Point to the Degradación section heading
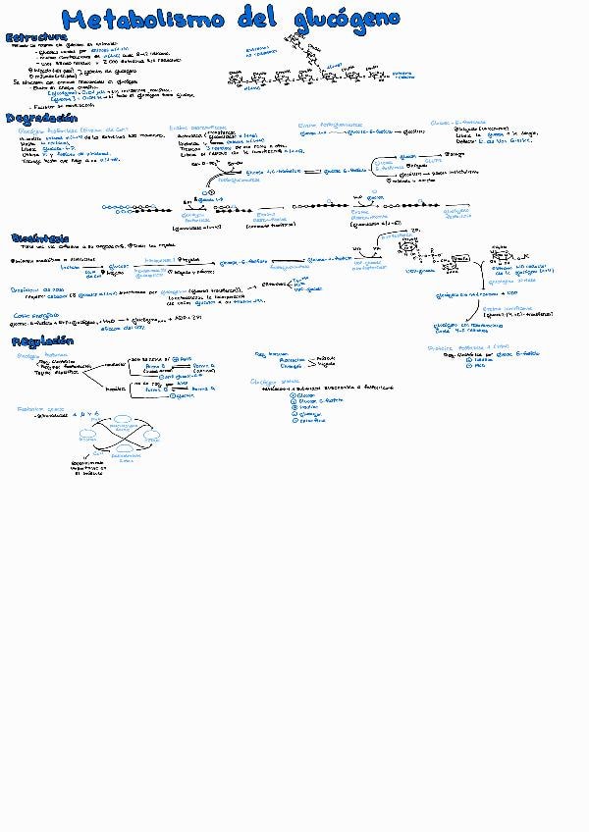click(41, 118)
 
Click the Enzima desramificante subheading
click(197, 126)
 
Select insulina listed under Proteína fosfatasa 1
click(482, 359)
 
